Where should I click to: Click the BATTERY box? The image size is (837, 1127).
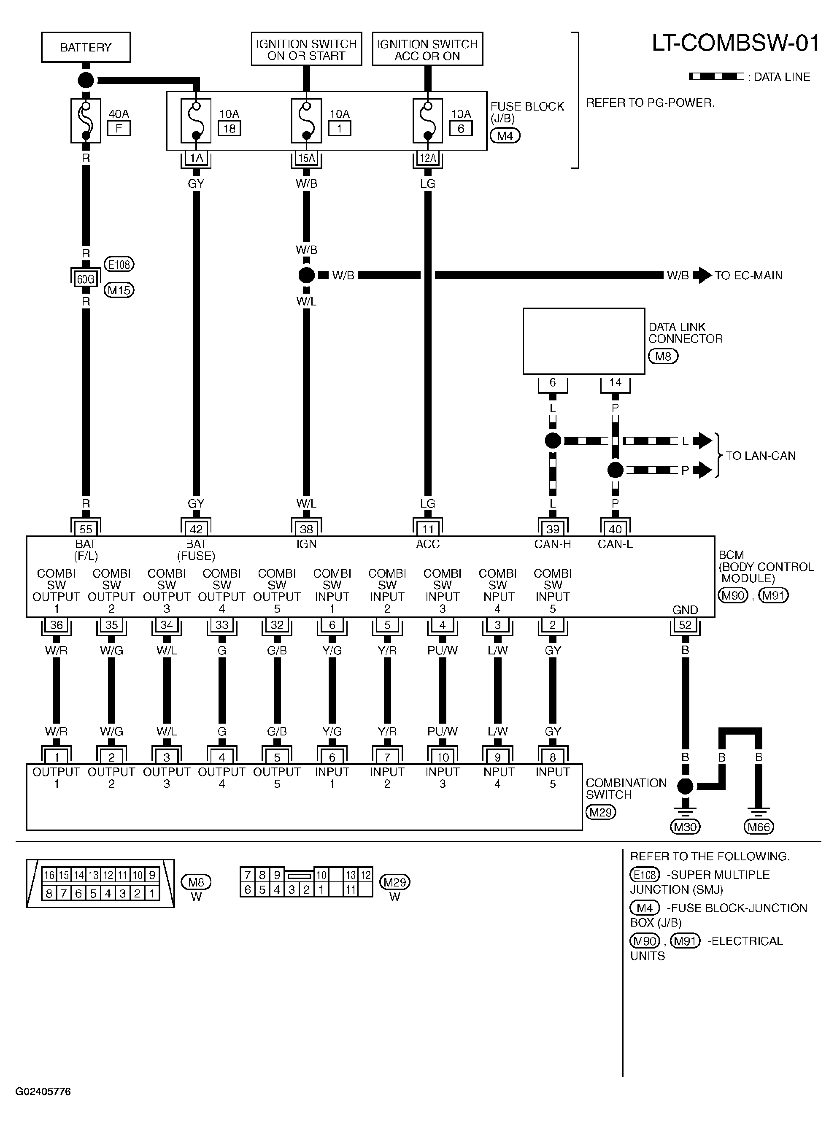86,47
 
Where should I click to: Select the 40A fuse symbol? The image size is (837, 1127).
86,121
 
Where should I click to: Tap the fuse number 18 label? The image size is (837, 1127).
229,128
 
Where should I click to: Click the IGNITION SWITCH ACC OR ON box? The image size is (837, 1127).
427,49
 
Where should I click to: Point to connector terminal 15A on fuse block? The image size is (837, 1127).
307,158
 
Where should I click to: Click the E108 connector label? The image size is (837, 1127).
119,264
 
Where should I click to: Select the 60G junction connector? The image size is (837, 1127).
86,279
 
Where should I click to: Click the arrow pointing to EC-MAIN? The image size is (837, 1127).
701,275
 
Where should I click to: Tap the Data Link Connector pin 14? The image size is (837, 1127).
615,383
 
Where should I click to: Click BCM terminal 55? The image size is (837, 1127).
86,529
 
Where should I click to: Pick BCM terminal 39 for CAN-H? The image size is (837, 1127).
553,529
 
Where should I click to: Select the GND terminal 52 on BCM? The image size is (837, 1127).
685,625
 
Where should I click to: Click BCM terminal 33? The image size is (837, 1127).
222,625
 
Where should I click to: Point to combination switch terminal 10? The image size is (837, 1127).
442,757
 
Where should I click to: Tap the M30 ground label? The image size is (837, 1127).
685,827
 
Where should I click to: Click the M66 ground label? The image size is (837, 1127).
759,827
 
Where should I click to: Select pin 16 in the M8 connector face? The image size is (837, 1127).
49,875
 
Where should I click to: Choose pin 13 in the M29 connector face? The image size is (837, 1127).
351,875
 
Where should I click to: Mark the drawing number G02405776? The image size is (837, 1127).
43,1092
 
